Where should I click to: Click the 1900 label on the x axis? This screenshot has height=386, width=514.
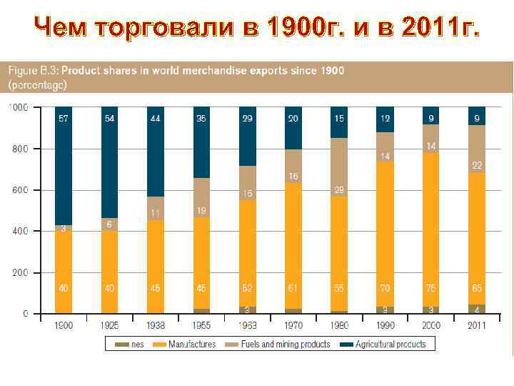[64, 326]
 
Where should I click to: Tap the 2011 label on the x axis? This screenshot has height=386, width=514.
[476, 326]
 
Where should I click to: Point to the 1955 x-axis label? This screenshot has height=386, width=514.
[201, 326]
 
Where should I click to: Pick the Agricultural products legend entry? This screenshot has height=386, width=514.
[387, 344]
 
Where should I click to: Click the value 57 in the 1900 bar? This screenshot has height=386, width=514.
[64, 118]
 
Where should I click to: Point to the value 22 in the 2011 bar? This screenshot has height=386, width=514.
[476, 165]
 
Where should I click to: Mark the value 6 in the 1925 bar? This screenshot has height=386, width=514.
[109, 224]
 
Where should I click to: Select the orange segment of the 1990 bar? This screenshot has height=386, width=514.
[385, 236]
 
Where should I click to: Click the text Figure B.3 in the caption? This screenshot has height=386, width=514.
[33, 71]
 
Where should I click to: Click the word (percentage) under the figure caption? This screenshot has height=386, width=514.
[37, 84]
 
